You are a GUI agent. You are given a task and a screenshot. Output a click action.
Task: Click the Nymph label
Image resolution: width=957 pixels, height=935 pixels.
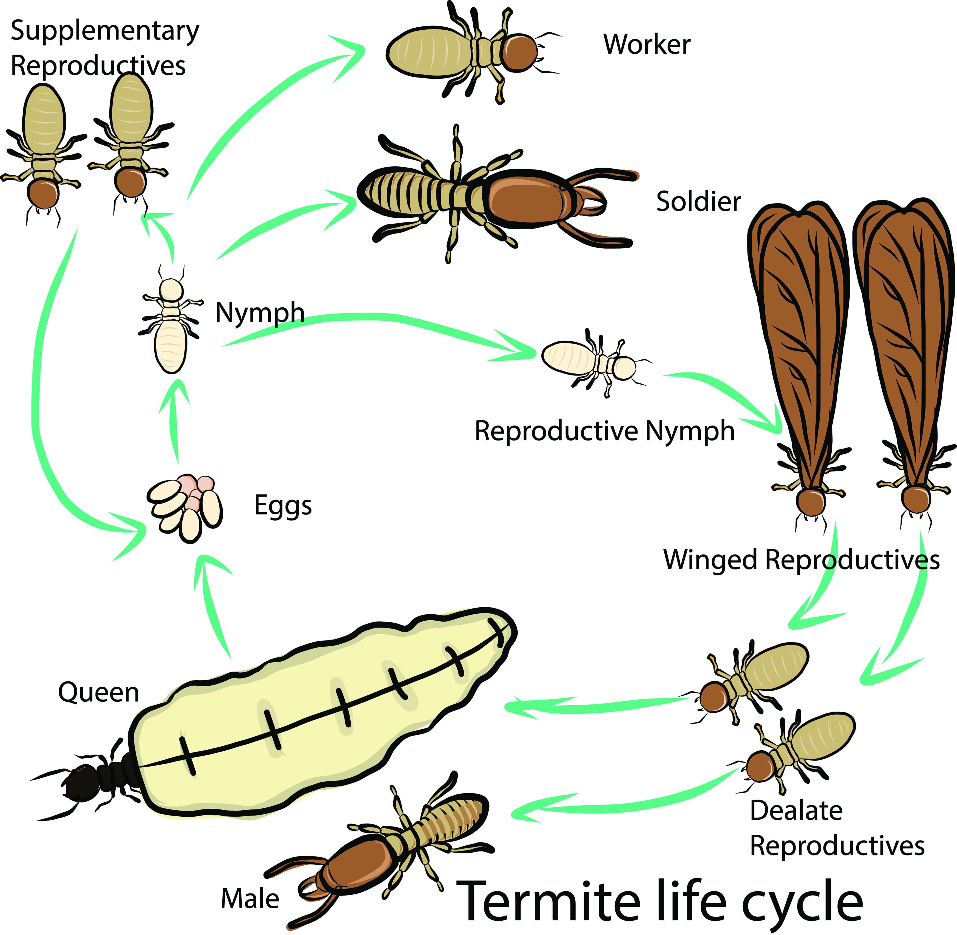(260, 313)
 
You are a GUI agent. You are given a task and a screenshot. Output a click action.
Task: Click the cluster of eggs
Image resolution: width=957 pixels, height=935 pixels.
(185, 506)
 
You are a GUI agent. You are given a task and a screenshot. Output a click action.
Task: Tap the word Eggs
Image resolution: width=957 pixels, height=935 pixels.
(283, 505)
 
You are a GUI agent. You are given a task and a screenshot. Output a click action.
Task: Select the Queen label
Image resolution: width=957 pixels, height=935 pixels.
(98, 693)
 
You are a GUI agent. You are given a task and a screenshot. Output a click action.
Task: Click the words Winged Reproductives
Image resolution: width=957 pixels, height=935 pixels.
(801, 560)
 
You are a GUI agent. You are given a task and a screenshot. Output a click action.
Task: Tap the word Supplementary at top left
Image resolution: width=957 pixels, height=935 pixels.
(105, 31)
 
